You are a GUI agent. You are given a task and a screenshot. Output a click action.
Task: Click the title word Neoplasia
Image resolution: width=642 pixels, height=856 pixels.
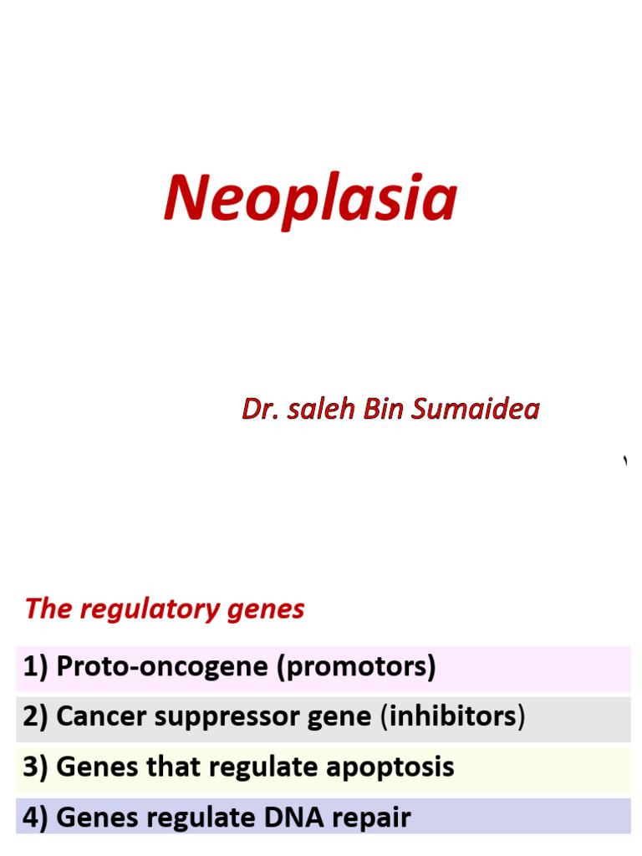(x=310, y=198)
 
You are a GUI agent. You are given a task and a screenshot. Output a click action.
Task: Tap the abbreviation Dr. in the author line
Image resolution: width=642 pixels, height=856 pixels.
(x=260, y=409)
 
